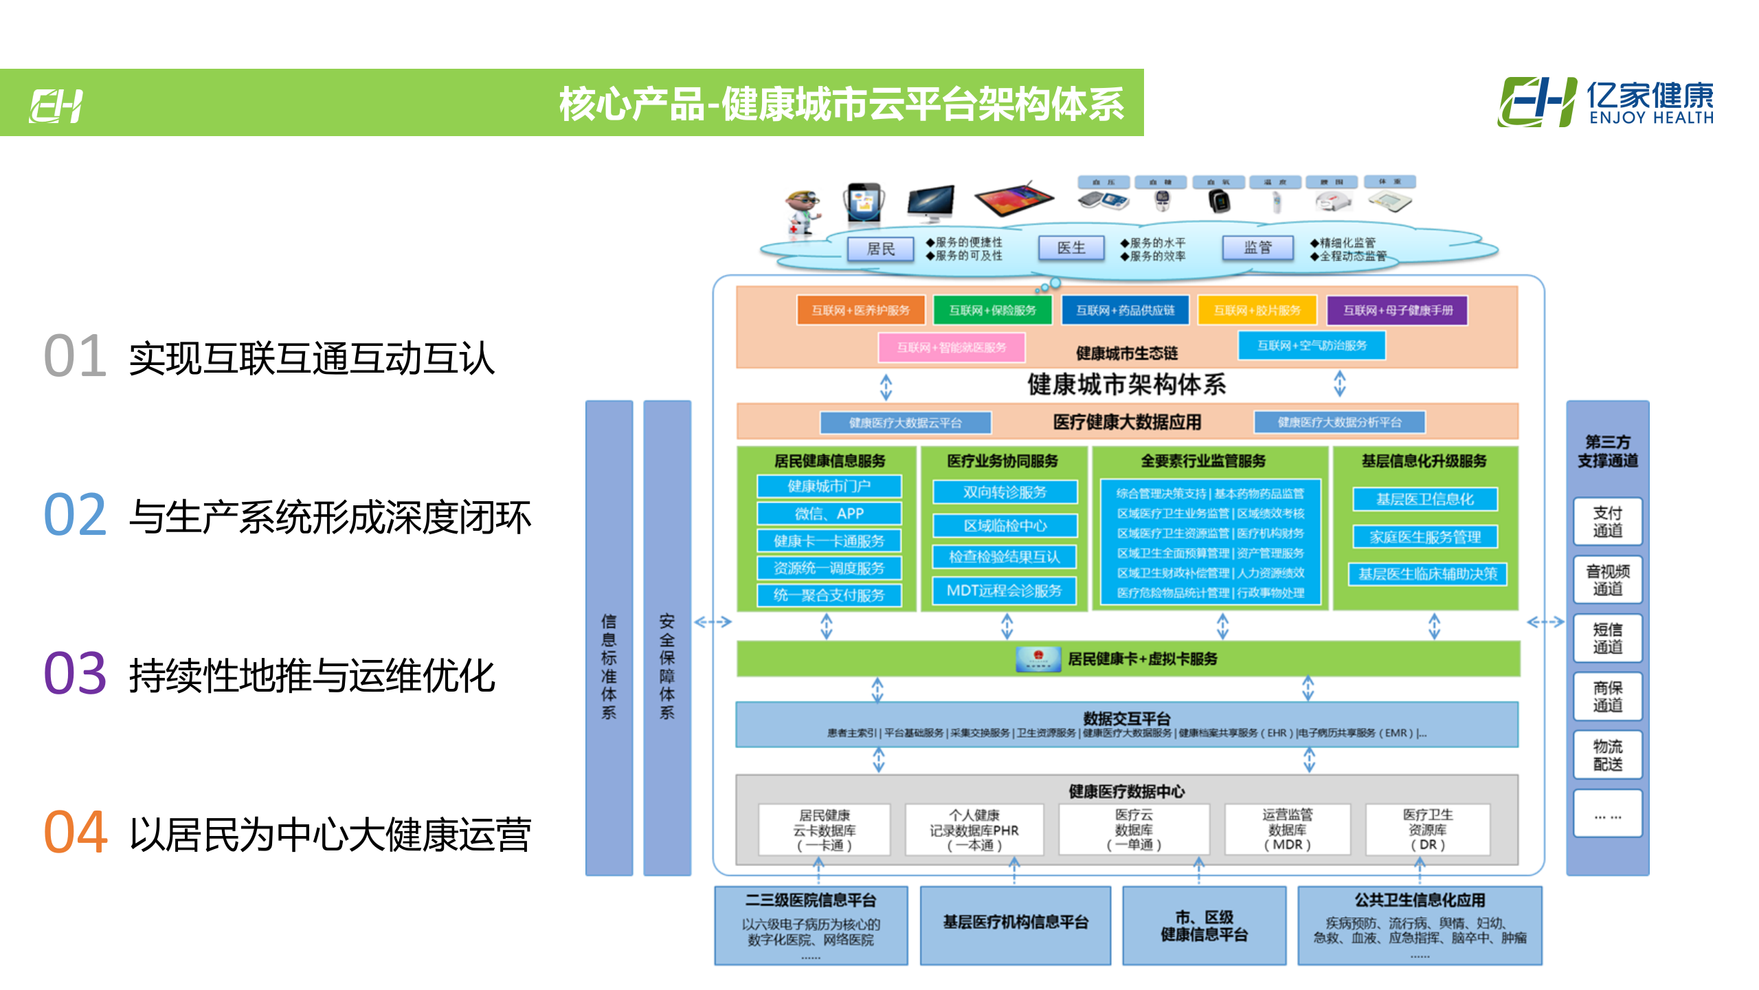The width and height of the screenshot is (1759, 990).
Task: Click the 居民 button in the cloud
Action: click(x=880, y=249)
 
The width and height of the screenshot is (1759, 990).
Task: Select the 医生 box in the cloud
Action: click(x=1071, y=248)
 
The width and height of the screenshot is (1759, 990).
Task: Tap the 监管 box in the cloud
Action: click(x=1257, y=248)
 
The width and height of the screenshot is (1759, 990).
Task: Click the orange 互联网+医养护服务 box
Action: click(x=860, y=310)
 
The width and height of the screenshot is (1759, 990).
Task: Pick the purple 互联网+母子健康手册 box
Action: click(x=1398, y=310)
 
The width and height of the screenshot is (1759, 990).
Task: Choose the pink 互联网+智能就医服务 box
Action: click(x=952, y=347)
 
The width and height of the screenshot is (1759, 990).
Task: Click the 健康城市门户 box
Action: click(x=829, y=486)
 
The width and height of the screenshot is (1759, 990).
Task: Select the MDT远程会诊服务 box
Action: click(x=1004, y=591)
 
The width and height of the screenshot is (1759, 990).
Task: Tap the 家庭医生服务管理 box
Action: click(x=1425, y=537)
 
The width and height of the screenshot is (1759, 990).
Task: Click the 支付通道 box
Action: click(x=1607, y=521)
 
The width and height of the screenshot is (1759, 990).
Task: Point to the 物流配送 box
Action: click(x=1607, y=755)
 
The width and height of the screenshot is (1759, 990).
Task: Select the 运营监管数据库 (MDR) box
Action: click(x=1287, y=830)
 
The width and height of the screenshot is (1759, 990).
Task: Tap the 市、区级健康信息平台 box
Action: click(x=1204, y=925)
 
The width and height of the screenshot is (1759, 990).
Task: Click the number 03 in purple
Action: click(x=75, y=673)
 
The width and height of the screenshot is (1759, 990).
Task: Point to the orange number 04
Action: click(x=75, y=832)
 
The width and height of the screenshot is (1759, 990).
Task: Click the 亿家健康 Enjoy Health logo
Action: click(x=1605, y=102)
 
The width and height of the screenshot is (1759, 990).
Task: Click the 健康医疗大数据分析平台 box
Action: click(x=1339, y=422)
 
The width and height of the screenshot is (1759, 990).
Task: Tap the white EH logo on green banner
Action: click(x=56, y=106)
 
